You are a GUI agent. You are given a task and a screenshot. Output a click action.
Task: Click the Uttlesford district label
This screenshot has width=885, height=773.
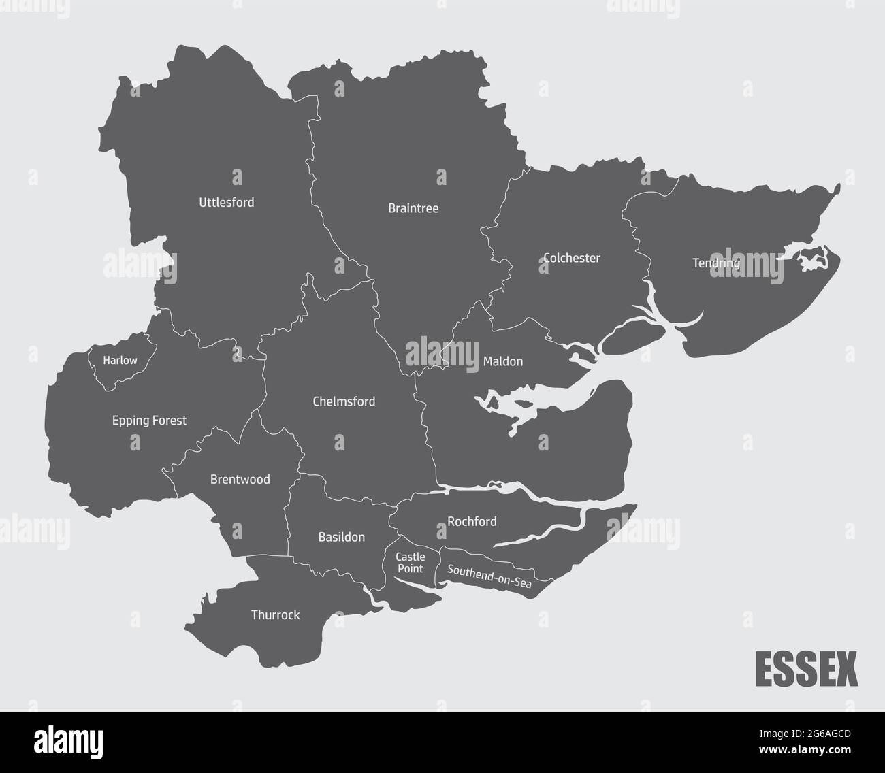pos(226,202)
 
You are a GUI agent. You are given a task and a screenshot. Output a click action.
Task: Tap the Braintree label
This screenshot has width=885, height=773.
pos(413,208)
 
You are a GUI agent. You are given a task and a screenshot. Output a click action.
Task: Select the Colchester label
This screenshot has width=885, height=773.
pos(572,258)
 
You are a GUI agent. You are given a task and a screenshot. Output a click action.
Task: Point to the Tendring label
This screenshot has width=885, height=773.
pos(715,263)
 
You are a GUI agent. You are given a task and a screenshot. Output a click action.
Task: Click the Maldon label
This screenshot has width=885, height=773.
pos(502,361)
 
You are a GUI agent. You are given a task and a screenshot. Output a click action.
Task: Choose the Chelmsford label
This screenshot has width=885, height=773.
pos(344,401)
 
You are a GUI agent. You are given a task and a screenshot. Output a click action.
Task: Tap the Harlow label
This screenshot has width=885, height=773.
pos(120,360)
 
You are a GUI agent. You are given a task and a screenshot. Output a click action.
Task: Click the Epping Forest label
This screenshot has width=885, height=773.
pos(149,421)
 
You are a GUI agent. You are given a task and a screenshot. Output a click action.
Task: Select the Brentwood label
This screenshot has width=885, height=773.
pos(240,480)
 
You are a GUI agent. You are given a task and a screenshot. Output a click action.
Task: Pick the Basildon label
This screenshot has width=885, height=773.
pos(341,537)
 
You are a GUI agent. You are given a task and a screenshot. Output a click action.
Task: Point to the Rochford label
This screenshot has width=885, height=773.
pos(472,522)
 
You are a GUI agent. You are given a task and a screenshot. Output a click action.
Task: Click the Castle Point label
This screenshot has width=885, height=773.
pos(411,563)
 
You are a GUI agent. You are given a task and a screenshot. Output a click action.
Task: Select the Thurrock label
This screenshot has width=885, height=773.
pos(275,615)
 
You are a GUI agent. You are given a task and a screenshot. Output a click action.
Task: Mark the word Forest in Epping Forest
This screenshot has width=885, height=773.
pos(169,421)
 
